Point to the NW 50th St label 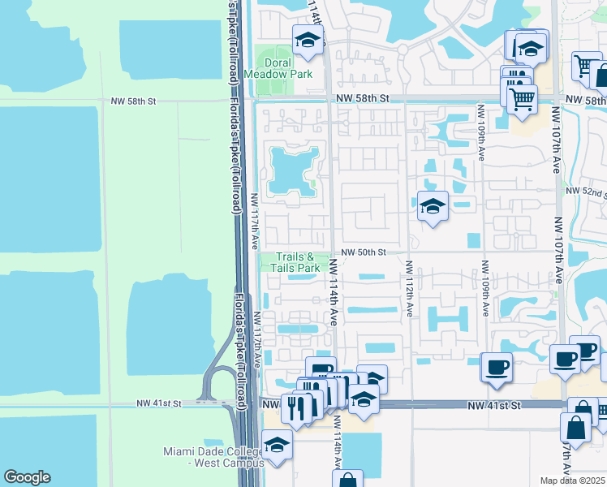(362, 252)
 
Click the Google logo (27, 477)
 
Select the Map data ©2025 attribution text (573, 481)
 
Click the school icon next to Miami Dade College (277, 445)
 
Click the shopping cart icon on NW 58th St (523, 98)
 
